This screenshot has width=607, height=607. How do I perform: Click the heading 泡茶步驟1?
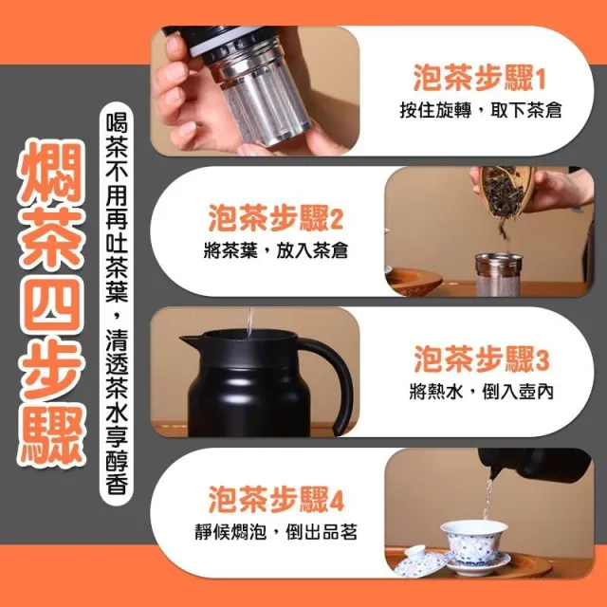click(x=479, y=78)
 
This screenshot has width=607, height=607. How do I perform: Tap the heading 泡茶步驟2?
click(x=276, y=218)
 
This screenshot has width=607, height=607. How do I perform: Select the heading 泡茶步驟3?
click(x=481, y=359)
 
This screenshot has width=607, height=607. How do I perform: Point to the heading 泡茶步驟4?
click(x=276, y=499)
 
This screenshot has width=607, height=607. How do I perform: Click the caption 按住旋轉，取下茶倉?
click(x=480, y=110)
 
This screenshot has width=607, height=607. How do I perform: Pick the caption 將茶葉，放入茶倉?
click(x=276, y=250)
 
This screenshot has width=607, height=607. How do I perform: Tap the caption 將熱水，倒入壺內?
click(x=481, y=392)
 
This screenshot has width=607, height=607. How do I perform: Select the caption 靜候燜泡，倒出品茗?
click(x=276, y=531)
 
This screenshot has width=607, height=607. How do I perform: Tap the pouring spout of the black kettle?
click(x=190, y=340)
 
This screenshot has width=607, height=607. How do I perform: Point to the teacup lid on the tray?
click(x=420, y=561)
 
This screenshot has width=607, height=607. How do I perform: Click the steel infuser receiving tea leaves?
click(x=498, y=274)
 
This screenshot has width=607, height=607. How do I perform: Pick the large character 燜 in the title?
click(x=51, y=172)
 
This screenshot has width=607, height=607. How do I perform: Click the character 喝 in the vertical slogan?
click(x=117, y=120)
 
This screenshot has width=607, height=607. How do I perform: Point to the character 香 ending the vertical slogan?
click(x=117, y=484)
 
